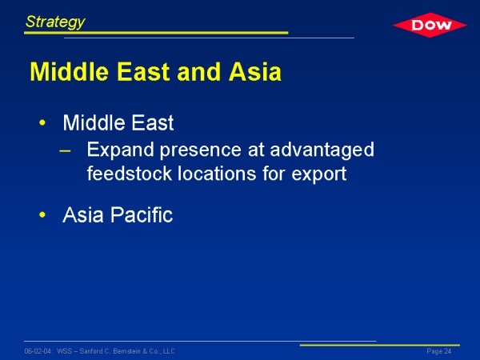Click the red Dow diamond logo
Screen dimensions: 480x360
point(430,25)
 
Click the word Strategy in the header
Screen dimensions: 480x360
point(55,22)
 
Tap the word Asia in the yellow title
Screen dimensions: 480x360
point(254,72)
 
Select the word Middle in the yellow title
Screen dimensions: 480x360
point(69,72)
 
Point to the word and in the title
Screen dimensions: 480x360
point(198,72)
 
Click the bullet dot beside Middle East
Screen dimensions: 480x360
point(42,123)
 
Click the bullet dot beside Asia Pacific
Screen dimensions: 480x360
point(42,215)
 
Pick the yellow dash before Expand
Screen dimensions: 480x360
point(65,150)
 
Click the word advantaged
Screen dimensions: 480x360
point(322,150)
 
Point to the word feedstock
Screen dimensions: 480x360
point(130,174)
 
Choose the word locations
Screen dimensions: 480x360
point(217,174)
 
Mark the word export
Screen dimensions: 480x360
point(319,174)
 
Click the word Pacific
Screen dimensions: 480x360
point(142,214)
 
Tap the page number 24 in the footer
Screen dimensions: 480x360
point(448,351)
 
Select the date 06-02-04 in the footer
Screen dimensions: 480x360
point(38,351)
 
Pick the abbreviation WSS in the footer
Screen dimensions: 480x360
point(64,351)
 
